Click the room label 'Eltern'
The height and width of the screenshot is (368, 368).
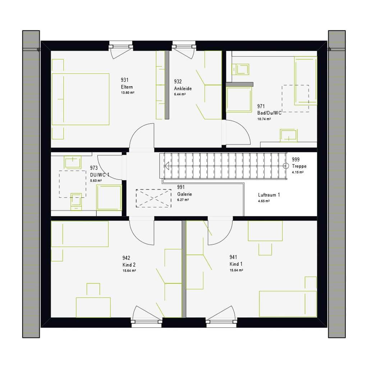[127, 87]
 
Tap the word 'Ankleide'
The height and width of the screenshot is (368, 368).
[183, 88]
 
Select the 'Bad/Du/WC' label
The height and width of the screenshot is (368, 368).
[269, 113]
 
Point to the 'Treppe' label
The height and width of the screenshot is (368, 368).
[299, 166]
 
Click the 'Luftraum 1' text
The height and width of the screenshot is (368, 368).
[269, 195]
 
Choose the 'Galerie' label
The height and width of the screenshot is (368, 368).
[184, 194]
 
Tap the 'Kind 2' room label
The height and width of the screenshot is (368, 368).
[129, 265]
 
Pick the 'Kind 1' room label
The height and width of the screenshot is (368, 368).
[236, 264]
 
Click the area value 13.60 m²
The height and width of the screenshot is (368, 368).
[128, 93]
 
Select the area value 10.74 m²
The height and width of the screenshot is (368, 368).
[264, 119]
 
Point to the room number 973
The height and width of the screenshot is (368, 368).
[94, 168]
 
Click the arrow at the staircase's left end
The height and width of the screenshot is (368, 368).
[167, 166]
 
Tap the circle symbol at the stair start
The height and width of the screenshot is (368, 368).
[286, 166]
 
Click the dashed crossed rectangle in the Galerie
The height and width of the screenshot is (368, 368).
[153, 198]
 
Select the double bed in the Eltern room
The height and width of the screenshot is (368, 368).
[80, 99]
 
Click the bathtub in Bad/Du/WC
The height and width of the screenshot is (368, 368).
[305, 80]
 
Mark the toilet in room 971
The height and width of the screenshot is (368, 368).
[240, 69]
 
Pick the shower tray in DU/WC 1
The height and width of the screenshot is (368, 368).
[109, 197]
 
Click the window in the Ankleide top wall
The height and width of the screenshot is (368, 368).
[184, 46]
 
